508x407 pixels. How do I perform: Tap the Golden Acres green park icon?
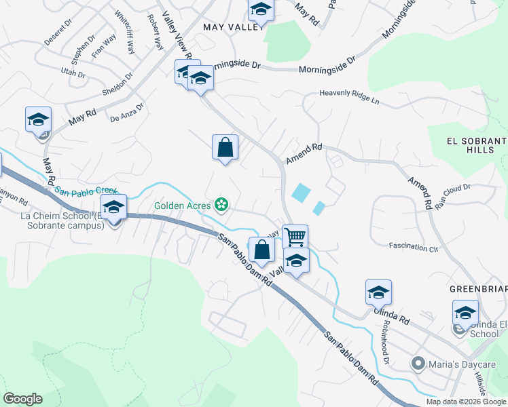click(221, 203)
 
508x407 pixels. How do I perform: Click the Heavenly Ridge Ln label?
click(349, 96)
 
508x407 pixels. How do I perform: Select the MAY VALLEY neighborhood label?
click(233, 26)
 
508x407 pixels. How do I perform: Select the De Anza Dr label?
click(127, 112)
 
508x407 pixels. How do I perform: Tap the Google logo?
click(22, 399)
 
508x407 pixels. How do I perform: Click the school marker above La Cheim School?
click(113, 208)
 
